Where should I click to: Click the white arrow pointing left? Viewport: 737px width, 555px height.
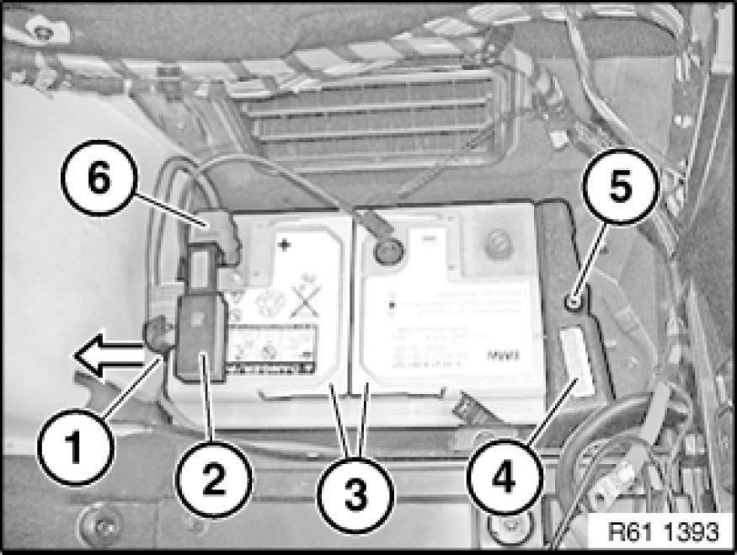coord(113,357)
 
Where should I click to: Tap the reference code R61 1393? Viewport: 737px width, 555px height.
coord(666,533)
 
